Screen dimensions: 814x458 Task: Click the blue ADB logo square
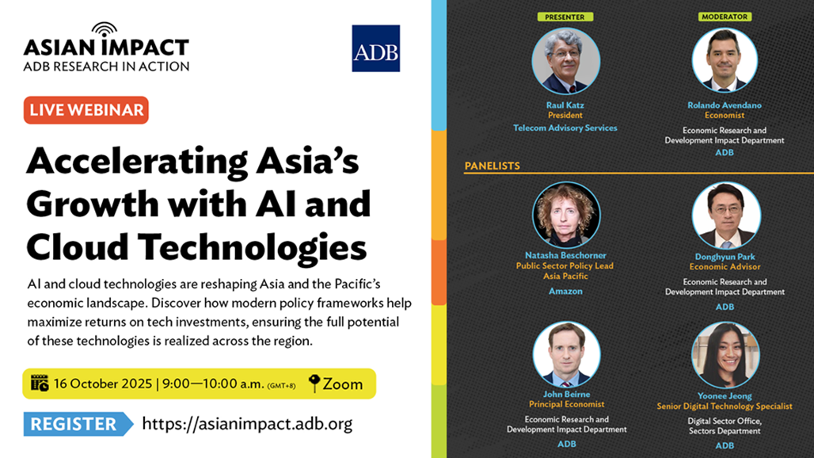pyautogui.click(x=376, y=48)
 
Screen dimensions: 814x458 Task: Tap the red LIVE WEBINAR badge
pyautogui.click(x=86, y=110)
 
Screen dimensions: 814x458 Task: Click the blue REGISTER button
pyautogui.click(x=78, y=424)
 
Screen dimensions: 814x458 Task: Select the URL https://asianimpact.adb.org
pyautogui.click(x=247, y=424)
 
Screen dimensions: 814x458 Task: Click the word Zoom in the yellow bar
pyautogui.click(x=343, y=384)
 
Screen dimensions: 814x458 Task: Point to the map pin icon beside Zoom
pyautogui.click(x=314, y=384)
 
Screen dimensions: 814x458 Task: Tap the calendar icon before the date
pyautogui.click(x=40, y=384)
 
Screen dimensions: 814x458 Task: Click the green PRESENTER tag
pyautogui.click(x=565, y=17)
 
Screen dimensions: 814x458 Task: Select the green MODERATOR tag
pyautogui.click(x=725, y=17)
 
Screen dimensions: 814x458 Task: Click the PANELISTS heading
pyautogui.click(x=493, y=166)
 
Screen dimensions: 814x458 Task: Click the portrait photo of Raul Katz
pyautogui.click(x=566, y=61)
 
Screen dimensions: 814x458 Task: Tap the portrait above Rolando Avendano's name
pyautogui.click(x=725, y=60)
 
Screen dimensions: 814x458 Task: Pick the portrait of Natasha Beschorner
pyautogui.click(x=566, y=215)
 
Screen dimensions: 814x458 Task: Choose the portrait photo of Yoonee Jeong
pyautogui.click(x=725, y=355)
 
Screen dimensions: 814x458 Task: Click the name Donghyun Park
pyautogui.click(x=725, y=257)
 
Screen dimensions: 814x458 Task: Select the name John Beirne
pyautogui.click(x=566, y=395)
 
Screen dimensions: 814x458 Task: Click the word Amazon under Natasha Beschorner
pyautogui.click(x=566, y=292)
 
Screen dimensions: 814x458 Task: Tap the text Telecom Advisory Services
pyautogui.click(x=565, y=128)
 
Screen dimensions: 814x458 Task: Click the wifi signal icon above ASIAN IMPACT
pyautogui.click(x=105, y=29)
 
